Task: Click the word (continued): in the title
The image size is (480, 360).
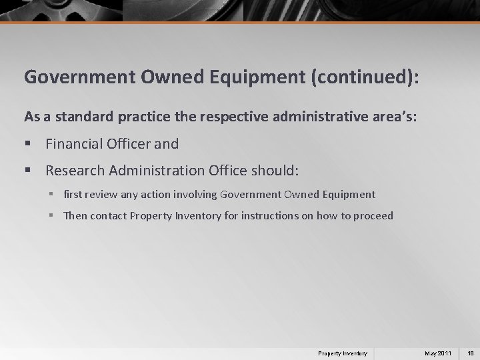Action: click(363, 77)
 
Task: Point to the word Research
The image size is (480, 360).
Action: click(75, 171)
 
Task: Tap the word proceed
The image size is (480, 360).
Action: click(374, 216)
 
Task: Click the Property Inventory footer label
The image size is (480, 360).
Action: click(342, 353)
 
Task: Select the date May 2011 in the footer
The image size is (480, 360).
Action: click(439, 353)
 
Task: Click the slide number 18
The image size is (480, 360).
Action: click(471, 353)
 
